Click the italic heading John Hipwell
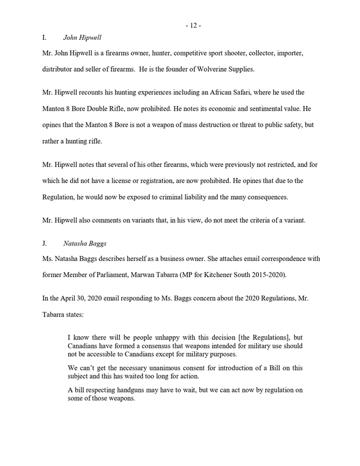pyautogui.click(x=82, y=38)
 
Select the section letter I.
pyautogui.click(x=44, y=38)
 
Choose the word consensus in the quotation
pyautogui.click(x=166, y=345)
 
